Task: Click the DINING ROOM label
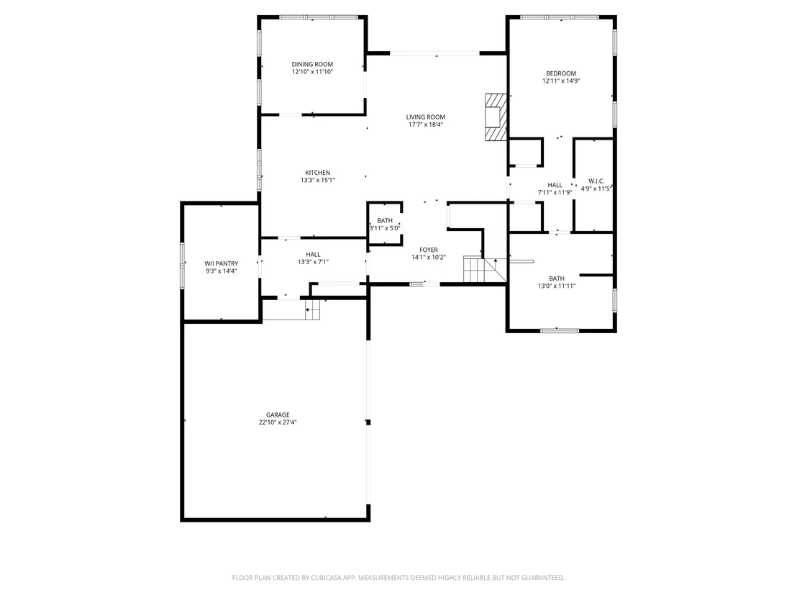click(312, 64)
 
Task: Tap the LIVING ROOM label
click(425, 117)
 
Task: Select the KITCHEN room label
click(318, 173)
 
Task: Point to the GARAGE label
click(278, 415)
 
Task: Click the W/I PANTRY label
click(221, 263)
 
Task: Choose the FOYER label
click(429, 250)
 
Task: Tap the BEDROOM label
click(561, 73)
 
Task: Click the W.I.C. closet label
click(596, 181)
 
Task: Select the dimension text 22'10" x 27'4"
click(278, 422)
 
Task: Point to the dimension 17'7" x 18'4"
click(425, 124)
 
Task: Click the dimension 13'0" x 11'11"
click(557, 286)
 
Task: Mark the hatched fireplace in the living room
click(496, 117)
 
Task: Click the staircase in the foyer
click(485, 269)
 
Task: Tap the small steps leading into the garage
click(313, 309)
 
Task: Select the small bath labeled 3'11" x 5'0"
click(385, 224)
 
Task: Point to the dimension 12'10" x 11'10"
click(312, 72)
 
